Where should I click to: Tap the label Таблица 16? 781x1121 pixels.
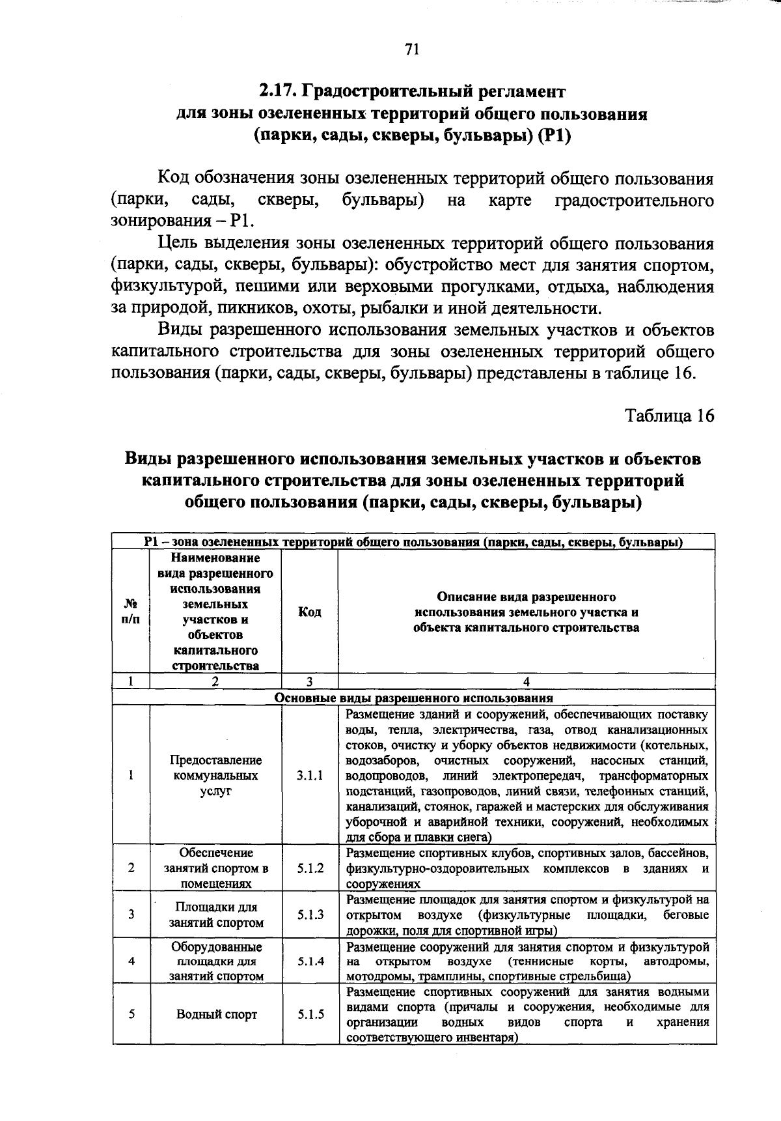[669, 416]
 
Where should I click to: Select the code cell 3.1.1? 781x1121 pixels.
[310, 775]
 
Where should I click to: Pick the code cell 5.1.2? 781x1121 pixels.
[310, 868]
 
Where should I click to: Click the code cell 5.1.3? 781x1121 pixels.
[310, 915]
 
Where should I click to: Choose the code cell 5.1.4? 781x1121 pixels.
[310, 961]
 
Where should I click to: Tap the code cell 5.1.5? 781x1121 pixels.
[310, 1014]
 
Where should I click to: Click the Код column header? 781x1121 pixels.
[310, 612]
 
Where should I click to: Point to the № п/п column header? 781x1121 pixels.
[130, 612]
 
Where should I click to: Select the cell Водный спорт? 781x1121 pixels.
[216, 1014]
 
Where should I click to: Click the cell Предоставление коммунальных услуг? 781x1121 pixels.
[216, 775]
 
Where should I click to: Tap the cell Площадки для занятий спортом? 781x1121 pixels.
[216, 915]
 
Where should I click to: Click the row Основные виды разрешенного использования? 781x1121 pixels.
[413, 697]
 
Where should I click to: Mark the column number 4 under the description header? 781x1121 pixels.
[527, 681]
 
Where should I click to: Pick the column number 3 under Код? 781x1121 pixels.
[310, 681]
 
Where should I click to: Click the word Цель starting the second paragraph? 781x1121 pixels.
[178, 245]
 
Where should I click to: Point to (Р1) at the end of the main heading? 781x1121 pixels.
[555, 136]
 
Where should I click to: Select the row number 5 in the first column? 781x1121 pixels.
[131, 1014]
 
